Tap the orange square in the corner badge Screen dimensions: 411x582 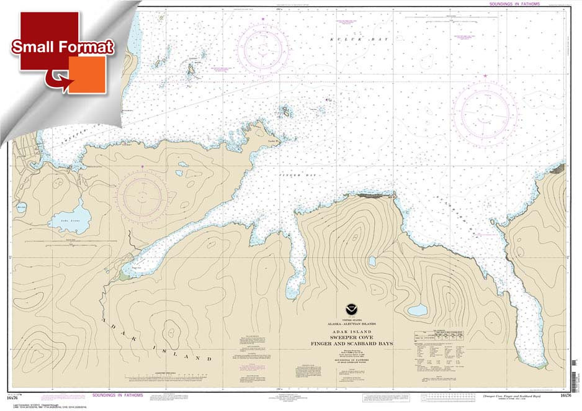[87, 75]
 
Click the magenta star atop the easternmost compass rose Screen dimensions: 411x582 [485, 76]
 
